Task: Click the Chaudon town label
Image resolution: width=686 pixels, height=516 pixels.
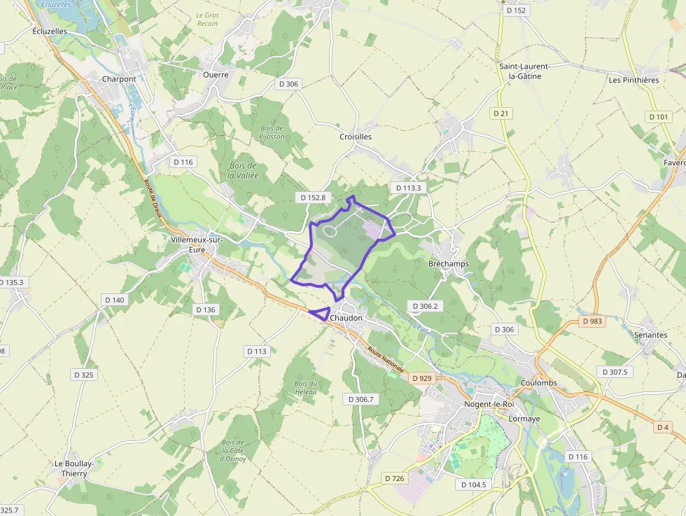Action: pos(346,318)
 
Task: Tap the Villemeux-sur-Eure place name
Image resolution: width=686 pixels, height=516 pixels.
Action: pos(197,244)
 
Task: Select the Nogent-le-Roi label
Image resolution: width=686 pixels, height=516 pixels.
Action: pos(489,404)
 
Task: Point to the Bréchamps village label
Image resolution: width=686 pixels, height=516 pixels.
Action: pos(448,264)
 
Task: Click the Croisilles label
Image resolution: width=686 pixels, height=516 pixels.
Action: pos(355,137)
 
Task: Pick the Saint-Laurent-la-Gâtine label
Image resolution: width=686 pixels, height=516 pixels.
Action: pos(525,71)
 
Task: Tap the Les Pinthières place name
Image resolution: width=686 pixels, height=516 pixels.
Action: pos(633,80)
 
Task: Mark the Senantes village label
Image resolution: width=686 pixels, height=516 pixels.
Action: pos(650,335)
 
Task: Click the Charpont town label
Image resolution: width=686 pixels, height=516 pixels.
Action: pos(119,79)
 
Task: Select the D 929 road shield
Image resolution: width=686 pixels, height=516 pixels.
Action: pos(422,378)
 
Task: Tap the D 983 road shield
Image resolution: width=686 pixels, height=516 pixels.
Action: pos(591,321)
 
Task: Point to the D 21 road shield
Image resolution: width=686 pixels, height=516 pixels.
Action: pos(500,113)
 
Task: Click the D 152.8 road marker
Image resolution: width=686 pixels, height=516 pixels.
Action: pos(313,197)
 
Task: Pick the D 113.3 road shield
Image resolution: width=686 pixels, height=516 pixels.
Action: pos(408,188)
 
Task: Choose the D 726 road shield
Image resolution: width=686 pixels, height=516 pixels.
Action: pos(395,478)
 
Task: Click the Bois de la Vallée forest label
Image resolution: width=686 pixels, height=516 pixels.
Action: pos(243,170)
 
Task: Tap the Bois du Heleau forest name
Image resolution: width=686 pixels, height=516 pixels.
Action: pos(306,387)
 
